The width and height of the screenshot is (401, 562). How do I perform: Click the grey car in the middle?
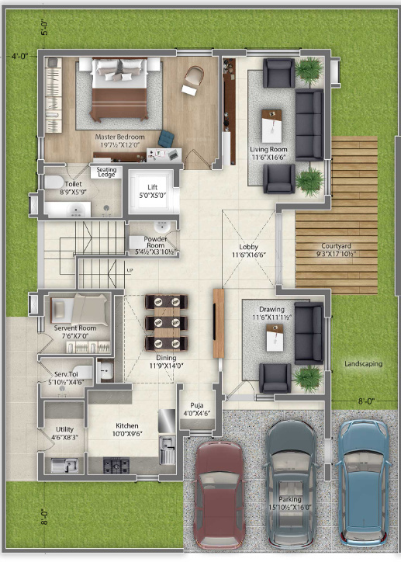(291, 477)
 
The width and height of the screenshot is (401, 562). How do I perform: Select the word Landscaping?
(364, 363)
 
